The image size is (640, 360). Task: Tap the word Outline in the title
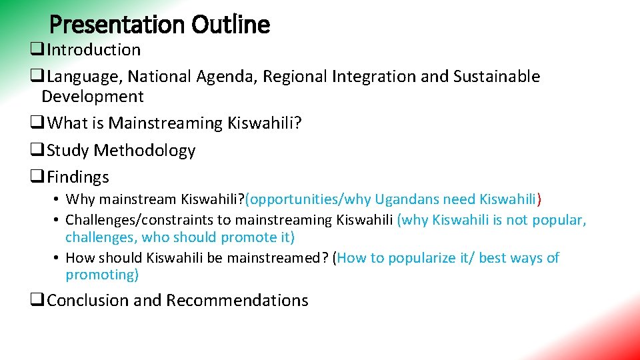coord(231,25)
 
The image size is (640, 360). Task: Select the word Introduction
coord(94,50)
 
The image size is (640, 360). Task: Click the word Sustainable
coord(497,77)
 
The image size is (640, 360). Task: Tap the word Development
coord(92,97)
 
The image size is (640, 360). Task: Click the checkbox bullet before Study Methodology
coord(37,151)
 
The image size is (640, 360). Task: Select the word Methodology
coord(145,151)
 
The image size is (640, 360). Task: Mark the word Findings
coord(78,177)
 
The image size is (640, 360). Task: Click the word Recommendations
coord(237,301)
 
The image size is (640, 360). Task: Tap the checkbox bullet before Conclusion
coord(37,301)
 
